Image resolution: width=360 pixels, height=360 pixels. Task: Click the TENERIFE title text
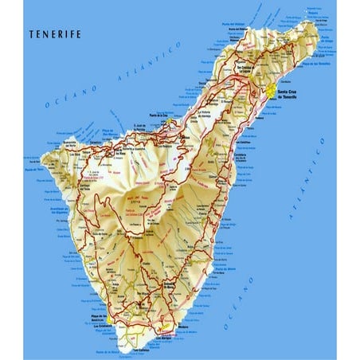click(53, 34)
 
